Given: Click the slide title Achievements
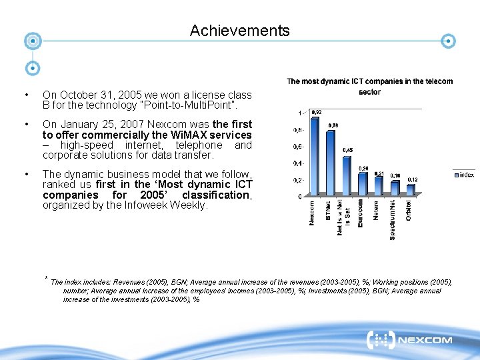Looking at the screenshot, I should point(239,31).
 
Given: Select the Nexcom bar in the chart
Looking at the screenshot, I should point(314,155).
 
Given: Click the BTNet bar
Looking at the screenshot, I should point(330,163).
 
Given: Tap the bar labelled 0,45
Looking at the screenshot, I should point(346,176).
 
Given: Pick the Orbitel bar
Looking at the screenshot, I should point(411,190).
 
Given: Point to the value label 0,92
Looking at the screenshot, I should point(317,112).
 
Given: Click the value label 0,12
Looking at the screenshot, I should point(413,180).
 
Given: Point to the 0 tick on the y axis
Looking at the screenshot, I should point(299,196).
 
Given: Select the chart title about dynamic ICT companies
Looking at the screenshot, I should point(369,86).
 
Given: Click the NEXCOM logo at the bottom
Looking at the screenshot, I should point(410,341).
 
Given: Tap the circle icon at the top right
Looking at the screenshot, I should point(449,41).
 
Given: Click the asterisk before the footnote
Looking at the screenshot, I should point(46,278).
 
